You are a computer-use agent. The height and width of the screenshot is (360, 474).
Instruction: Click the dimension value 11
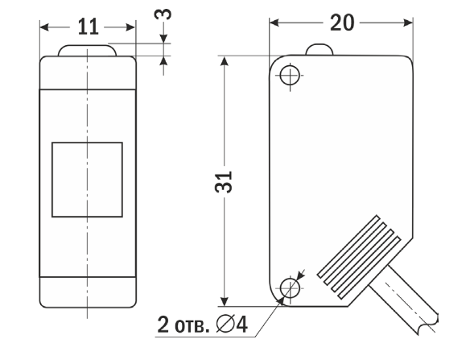[x=89, y=27]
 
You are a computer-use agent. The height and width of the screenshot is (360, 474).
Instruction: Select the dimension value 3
[x=167, y=15]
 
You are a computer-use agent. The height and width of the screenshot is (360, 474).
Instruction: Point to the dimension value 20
[x=342, y=23]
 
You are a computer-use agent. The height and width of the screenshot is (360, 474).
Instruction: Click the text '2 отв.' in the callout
[x=182, y=325]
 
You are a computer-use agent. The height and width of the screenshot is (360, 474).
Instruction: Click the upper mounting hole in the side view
[x=291, y=75]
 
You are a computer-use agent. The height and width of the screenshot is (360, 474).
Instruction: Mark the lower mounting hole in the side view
[x=291, y=287]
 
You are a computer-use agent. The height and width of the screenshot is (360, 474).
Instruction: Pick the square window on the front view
[x=87, y=180]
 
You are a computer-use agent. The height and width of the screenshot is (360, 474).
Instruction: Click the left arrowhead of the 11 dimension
[x=45, y=27]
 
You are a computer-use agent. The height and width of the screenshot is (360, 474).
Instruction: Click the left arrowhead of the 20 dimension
[x=274, y=23]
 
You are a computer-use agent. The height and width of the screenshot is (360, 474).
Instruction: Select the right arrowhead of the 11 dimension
[x=130, y=27]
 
